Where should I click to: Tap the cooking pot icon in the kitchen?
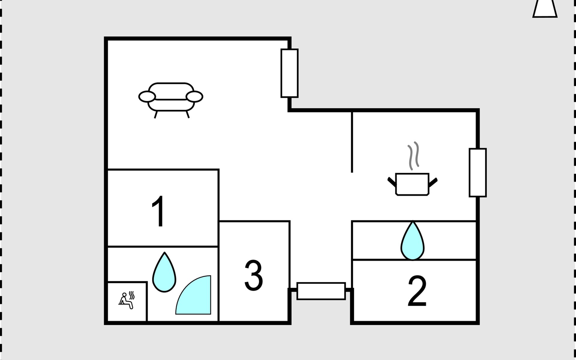pos(412,184)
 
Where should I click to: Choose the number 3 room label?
pos(253,275)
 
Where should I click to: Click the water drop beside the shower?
pos(164,272)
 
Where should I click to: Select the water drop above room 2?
pos(412,241)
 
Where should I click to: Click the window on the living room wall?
pos(289,73)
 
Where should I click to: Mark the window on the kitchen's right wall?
pos(478,172)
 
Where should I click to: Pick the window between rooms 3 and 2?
pos(321,291)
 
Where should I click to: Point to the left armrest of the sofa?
pos(147,97)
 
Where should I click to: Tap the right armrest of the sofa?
pos(194,97)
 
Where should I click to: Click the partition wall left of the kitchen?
pos(352,142)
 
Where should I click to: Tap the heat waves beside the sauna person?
pos(132,295)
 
